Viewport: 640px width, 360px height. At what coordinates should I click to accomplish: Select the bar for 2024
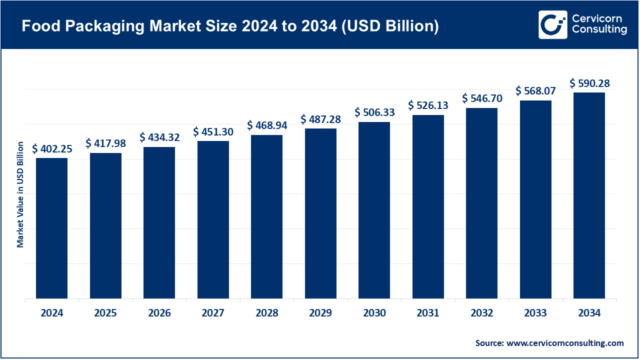tap(51, 228)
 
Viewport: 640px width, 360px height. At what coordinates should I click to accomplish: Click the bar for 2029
tap(320, 213)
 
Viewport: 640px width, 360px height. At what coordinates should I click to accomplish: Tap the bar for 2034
tap(589, 195)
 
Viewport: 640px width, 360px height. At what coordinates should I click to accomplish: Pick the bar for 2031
tap(428, 207)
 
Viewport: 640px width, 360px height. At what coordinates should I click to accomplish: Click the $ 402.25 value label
tap(52, 149)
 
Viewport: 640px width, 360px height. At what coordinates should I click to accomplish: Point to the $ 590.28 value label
tap(589, 83)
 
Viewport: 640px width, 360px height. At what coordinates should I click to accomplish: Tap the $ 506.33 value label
tap(374, 112)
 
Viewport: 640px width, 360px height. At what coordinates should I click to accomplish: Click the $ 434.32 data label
tap(159, 137)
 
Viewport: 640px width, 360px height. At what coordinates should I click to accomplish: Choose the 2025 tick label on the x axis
tap(105, 313)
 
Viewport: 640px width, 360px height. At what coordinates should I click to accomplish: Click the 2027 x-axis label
tap(213, 313)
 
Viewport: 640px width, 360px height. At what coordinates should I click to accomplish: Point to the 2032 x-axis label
tap(482, 313)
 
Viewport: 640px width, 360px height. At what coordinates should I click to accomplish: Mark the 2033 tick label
tap(535, 313)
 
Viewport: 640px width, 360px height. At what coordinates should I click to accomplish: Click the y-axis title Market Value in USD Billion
tap(20, 194)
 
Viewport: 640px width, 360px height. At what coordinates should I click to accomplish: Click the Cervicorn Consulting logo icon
tap(552, 24)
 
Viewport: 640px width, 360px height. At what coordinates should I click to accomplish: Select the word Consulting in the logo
tap(599, 30)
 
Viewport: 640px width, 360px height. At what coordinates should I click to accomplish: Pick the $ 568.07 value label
tap(536, 91)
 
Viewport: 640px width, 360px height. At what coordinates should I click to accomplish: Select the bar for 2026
tap(159, 223)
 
